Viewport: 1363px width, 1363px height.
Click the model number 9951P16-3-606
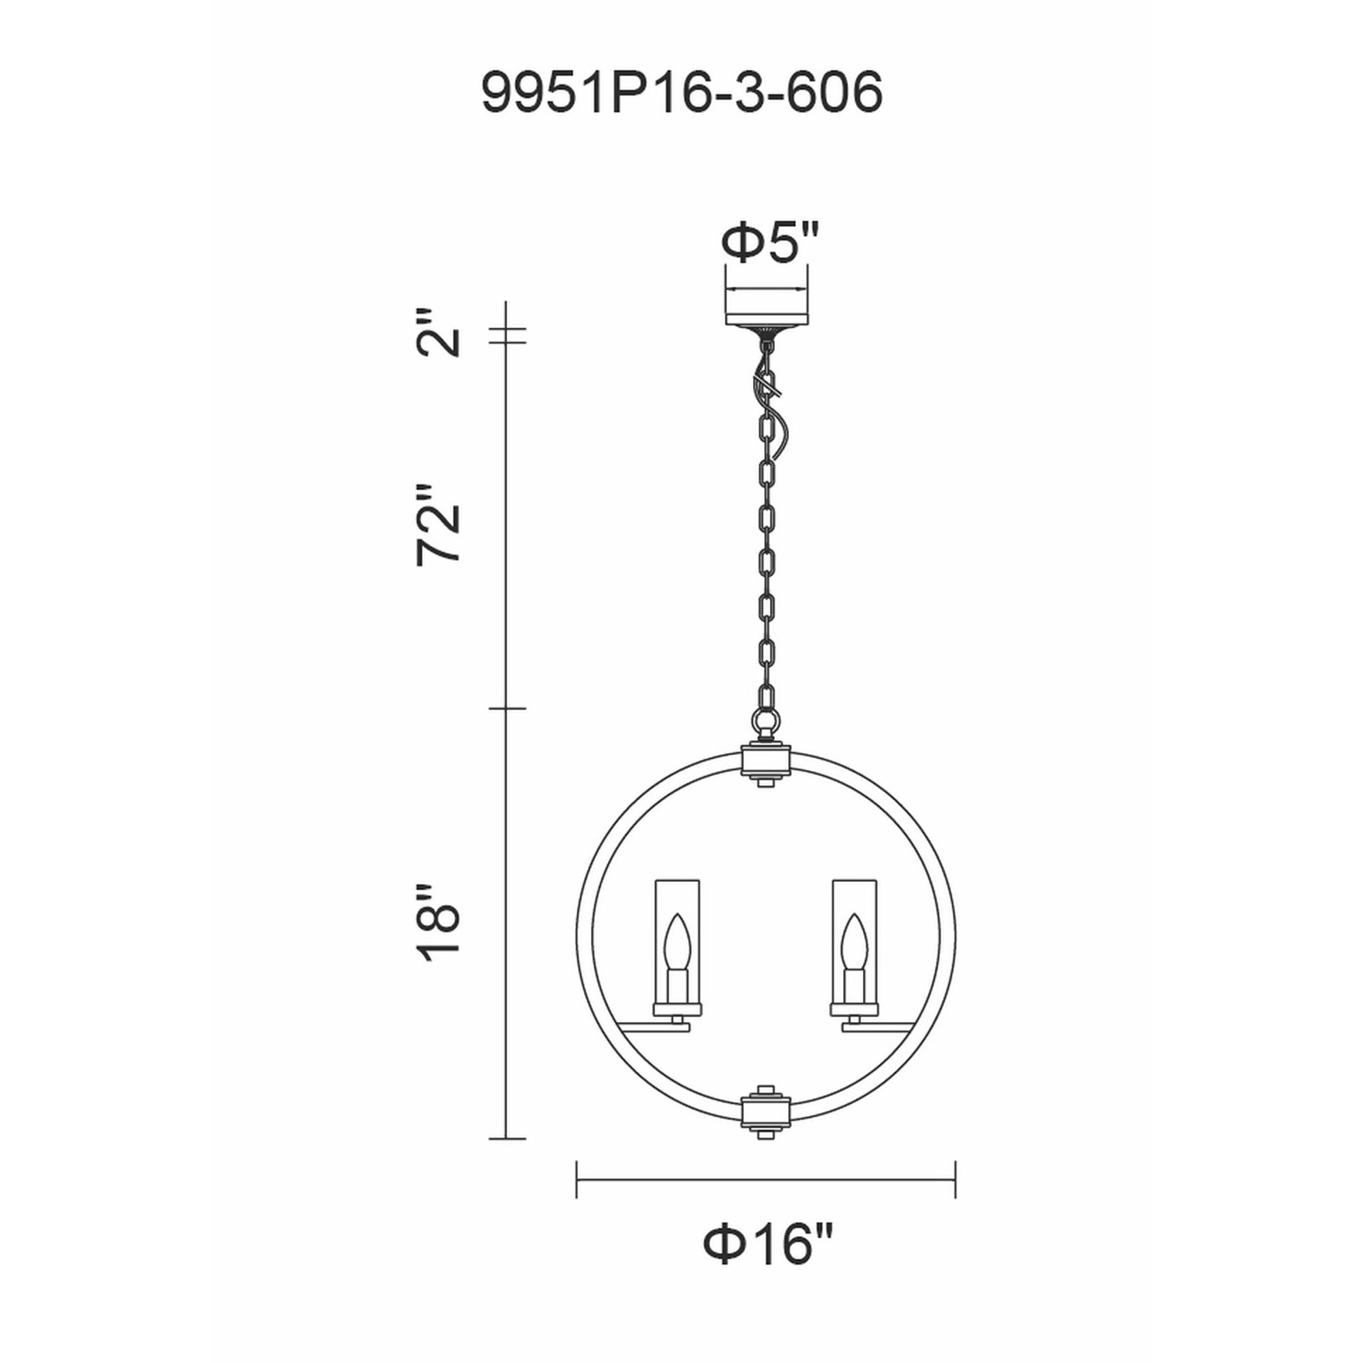[681, 93]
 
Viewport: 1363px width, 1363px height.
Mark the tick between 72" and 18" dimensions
[507, 708]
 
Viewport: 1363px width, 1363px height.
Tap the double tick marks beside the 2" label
[507, 337]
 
